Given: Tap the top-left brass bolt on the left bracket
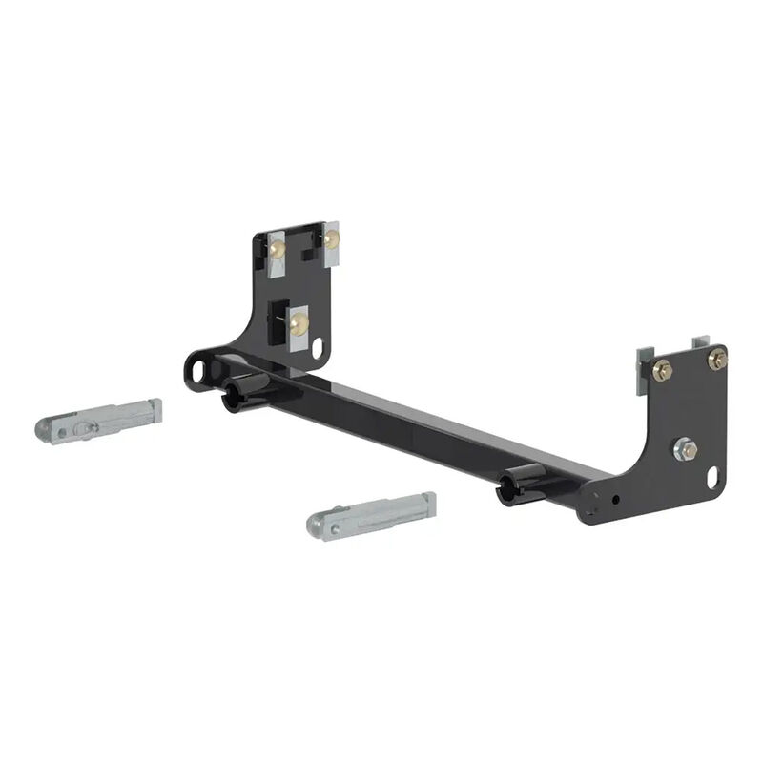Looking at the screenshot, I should pos(278,250).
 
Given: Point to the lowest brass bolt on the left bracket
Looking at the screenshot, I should pos(299,324).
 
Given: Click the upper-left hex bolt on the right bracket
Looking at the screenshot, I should pos(663,370).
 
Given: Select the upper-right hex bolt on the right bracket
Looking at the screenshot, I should pos(716,359).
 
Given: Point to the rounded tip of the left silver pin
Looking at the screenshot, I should pos(46,429).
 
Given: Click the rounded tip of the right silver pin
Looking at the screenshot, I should pos(317,523).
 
